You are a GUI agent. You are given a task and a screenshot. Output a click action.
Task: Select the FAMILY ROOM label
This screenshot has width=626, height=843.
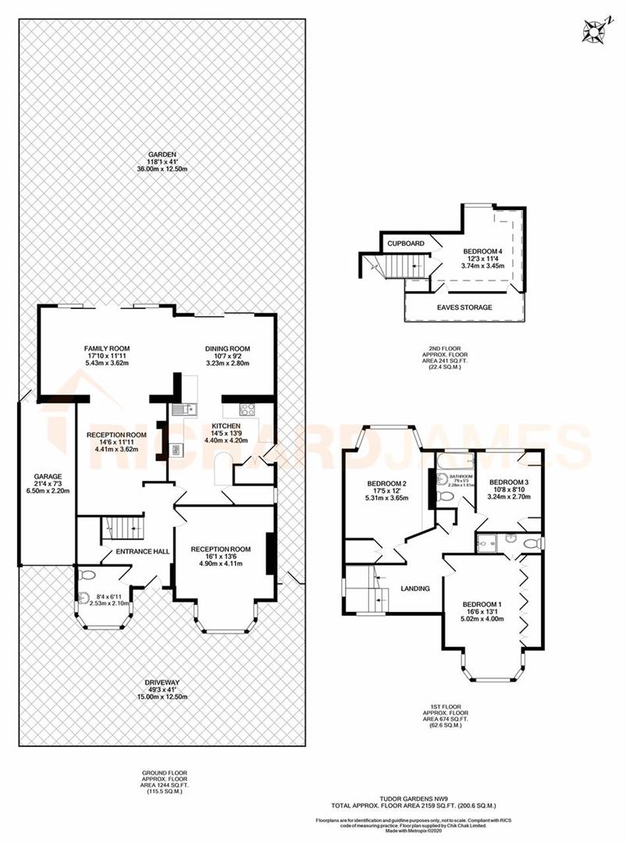(x=107, y=348)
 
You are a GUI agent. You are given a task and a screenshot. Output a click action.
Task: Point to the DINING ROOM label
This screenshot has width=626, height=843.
(x=227, y=348)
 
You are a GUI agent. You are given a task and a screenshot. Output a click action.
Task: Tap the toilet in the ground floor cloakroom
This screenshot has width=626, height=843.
(x=88, y=575)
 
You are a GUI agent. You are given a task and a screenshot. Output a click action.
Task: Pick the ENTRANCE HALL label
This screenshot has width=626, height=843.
(x=143, y=552)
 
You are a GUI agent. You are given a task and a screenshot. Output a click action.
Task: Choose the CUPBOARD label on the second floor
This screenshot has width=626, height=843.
(x=406, y=244)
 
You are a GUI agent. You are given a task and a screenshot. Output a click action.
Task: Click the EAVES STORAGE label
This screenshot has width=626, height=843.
(x=464, y=308)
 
